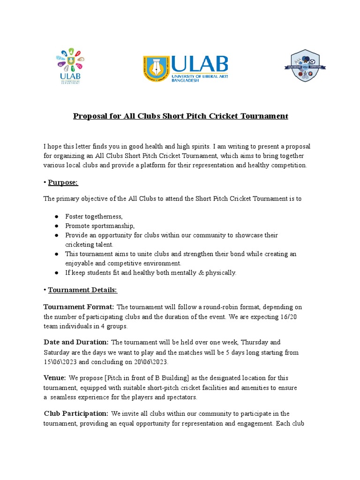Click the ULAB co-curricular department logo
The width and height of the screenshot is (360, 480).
[x=70, y=65]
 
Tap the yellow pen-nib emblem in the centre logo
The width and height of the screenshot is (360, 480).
[x=157, y=68]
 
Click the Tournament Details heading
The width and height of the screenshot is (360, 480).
[x=82, y=290]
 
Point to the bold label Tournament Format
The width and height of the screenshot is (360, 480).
[x=79, y=307]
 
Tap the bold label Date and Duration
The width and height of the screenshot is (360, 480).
[x=76, y=342]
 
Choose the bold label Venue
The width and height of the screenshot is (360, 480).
[x=54, y=377]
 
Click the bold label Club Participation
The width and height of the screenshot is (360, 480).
[x=76, y=413]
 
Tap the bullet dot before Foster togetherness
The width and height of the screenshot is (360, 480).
[x=56, y=217]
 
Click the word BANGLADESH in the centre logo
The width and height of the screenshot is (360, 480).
[x=186, y=81]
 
